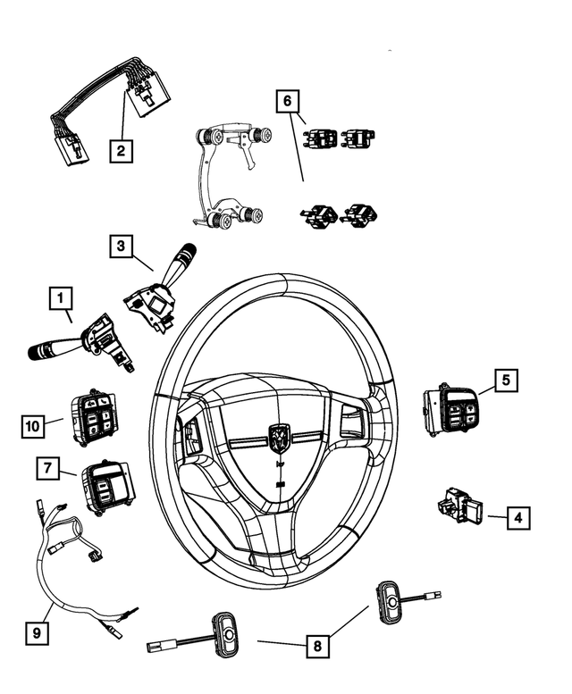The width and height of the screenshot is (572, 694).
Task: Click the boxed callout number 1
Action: click(60, 297)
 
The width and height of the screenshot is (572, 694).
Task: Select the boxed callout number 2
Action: click(121, 149)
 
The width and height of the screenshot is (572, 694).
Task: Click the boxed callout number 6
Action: click(287, 101)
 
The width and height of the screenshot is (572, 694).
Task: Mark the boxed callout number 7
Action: click(49, 466)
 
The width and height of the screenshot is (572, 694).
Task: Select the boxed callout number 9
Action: click(36, 633)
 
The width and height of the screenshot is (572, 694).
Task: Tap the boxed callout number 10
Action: click(32, 426)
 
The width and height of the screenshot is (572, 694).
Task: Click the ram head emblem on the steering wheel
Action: click(280, 437)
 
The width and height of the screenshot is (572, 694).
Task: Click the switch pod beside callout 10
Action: click(96, 417)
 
